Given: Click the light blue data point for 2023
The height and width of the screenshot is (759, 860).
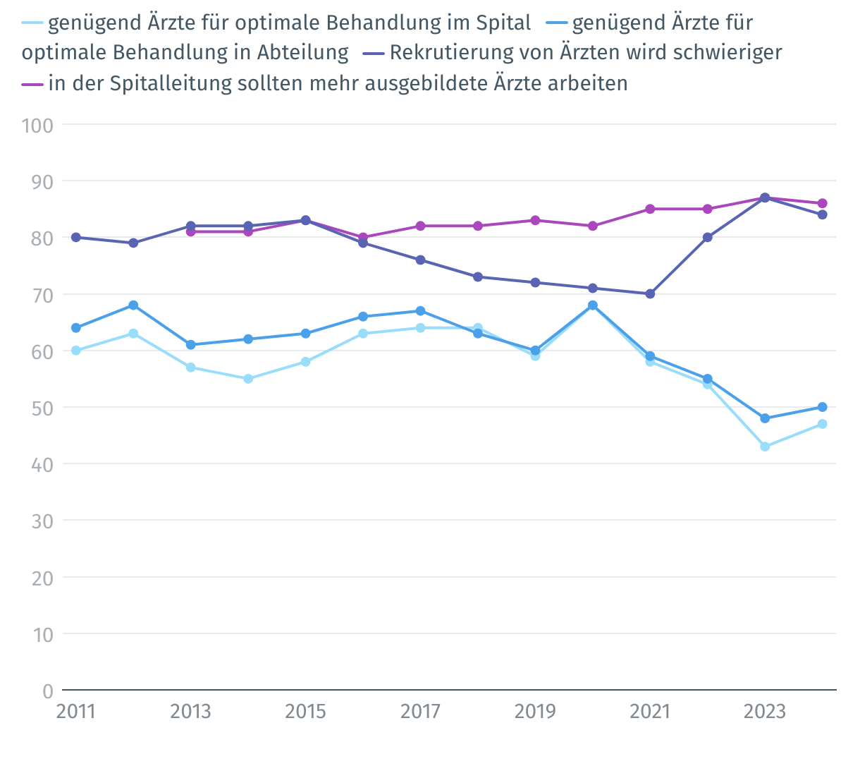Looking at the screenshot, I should point(765,447).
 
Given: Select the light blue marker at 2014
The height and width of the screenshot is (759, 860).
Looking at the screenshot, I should point(248,379).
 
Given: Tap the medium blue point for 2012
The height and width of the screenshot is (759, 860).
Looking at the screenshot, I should point(133,305).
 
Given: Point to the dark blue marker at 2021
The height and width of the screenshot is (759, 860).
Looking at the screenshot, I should point(650,293).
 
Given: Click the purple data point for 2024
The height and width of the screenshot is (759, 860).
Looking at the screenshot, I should point(822,203).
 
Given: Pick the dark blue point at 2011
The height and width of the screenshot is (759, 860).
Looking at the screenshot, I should point(75,237).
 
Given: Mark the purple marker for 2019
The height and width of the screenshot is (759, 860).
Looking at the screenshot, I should point(535,220).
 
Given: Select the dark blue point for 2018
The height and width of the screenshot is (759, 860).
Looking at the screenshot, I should point(478,277).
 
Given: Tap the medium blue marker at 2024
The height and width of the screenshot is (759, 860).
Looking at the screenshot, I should point(822,407).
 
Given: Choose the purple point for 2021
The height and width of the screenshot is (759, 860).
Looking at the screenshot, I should point(650,209).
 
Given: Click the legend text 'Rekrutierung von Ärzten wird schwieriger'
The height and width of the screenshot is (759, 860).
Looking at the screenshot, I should point(585,53).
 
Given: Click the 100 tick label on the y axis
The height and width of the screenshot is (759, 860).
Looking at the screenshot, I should point(38,125).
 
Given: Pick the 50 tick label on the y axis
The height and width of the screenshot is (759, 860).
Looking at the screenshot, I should point(42,408).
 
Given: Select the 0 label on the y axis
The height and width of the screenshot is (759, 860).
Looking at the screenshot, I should point(48,691).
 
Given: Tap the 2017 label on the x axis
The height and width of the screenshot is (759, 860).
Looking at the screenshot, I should point(420,711).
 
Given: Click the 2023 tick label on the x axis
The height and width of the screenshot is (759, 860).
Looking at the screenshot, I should point(765,711).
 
